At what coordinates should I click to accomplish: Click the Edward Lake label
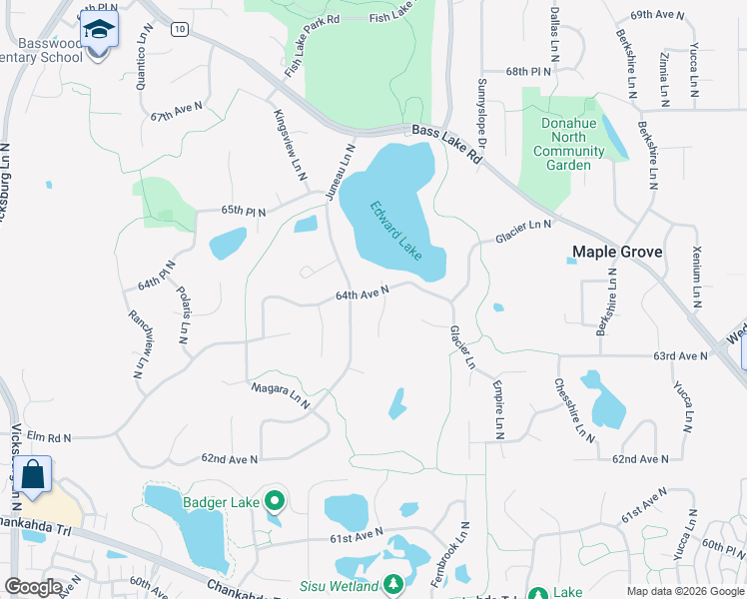[x=395, y=233]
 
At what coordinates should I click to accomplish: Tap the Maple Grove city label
[x=616, y=253]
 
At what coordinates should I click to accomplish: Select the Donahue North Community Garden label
[x=568, y=145]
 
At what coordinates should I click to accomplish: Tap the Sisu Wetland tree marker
[x=394, y=583]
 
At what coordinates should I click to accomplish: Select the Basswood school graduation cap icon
[x=99, y=31]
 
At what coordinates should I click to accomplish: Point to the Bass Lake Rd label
[x=448, y=140]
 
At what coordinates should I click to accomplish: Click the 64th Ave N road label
[x=362, y=295]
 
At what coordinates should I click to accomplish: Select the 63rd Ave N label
[x=680, y=355]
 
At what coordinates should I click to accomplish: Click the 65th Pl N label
[x=245, y=211]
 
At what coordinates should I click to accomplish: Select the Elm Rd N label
[x=51, y=436]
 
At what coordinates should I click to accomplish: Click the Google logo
[x=34, y=587]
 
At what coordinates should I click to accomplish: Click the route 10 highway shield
[x=179, y=30]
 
